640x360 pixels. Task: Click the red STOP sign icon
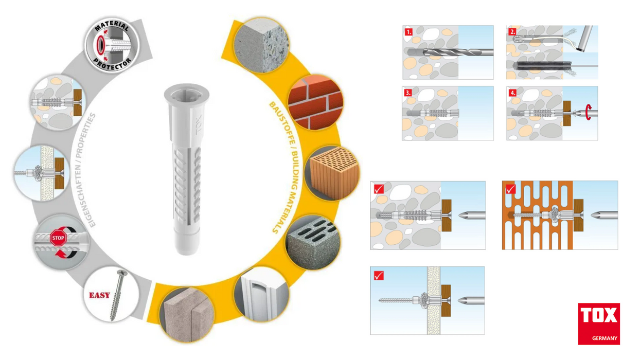(58, 238)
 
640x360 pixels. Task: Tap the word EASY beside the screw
(99, 295)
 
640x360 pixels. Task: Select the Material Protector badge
(112, 45)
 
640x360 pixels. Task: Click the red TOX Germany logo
(599, 323)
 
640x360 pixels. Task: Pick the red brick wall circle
(316, 102)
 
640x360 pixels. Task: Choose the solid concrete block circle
(261, 45)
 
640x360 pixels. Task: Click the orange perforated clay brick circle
(332, 173)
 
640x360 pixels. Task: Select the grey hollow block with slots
(313, 243)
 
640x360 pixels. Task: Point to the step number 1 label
(408, 31)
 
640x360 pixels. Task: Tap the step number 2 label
(512, 31)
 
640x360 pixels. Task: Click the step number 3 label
(408, 93)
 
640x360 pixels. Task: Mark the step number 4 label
(512, 93)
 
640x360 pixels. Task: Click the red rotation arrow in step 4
(588, 112)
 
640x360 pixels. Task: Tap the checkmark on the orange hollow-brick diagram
(510, 189)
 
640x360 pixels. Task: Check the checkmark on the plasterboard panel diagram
(379, 276)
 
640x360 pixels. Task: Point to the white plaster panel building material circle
(261, 294)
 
